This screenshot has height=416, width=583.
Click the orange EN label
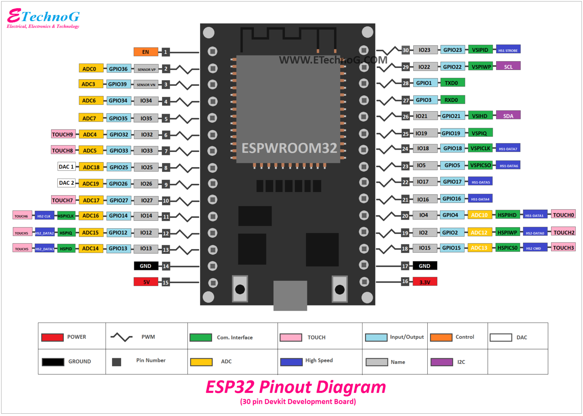(146, 52)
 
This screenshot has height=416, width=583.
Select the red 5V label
(146, 282)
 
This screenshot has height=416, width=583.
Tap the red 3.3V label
(425, 282)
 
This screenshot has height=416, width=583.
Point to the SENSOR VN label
(146, 85)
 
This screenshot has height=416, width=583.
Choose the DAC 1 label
(66, 167)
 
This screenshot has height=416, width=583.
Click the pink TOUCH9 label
(63, 134)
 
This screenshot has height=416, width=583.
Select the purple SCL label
(508, 66)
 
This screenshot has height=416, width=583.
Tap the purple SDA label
(508, 116)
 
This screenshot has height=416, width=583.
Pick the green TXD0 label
(452, 83)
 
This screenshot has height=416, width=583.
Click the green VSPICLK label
(480, 148)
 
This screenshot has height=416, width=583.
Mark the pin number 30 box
(406, 50)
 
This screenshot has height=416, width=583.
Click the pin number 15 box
(165, 282)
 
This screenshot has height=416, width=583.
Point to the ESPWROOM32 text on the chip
(289, 148)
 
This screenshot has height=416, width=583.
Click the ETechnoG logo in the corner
(43, 18)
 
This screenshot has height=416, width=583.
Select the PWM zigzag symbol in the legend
(121, 337)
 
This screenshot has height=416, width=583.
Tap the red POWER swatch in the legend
(52, 337)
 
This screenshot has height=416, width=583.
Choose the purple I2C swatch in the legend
(441, 362)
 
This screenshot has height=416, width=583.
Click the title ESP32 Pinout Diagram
(296, 387)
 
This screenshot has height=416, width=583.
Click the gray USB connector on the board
(290, 295)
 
